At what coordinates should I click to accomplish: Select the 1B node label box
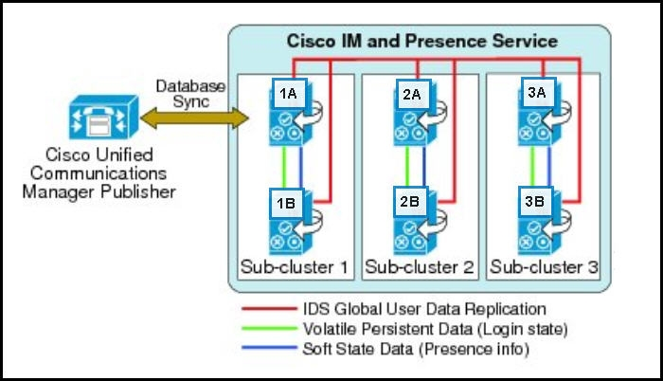(x=286, y=201)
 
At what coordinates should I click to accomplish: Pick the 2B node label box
(x=409, y=201)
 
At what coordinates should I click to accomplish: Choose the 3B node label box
(x=534, y=201)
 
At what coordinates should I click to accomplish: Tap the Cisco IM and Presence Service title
(x=421, y=41)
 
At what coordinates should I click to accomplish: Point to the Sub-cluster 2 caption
(x=420, y=267)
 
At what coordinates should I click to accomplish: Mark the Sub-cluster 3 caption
(x=544, y=267)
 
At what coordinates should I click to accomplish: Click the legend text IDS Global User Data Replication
(x=424, y=309)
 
